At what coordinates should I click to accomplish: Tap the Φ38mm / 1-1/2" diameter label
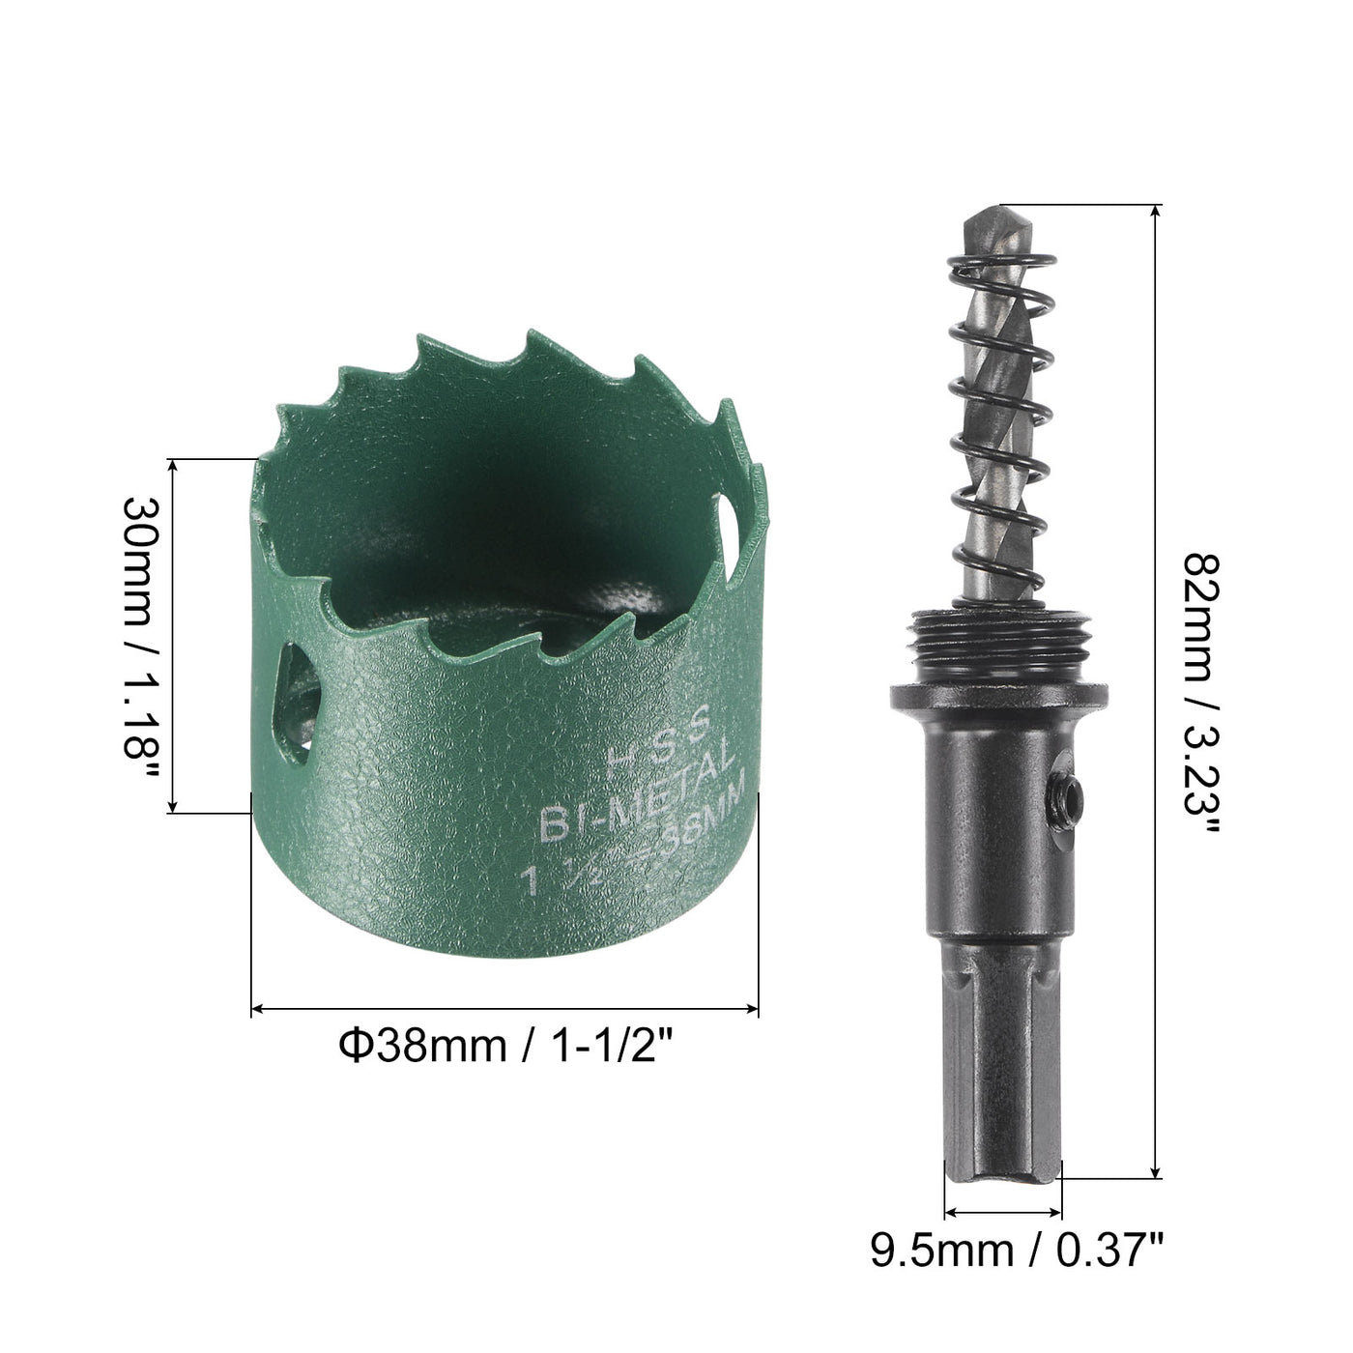504,1046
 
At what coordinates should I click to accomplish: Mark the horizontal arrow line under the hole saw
504,1010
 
